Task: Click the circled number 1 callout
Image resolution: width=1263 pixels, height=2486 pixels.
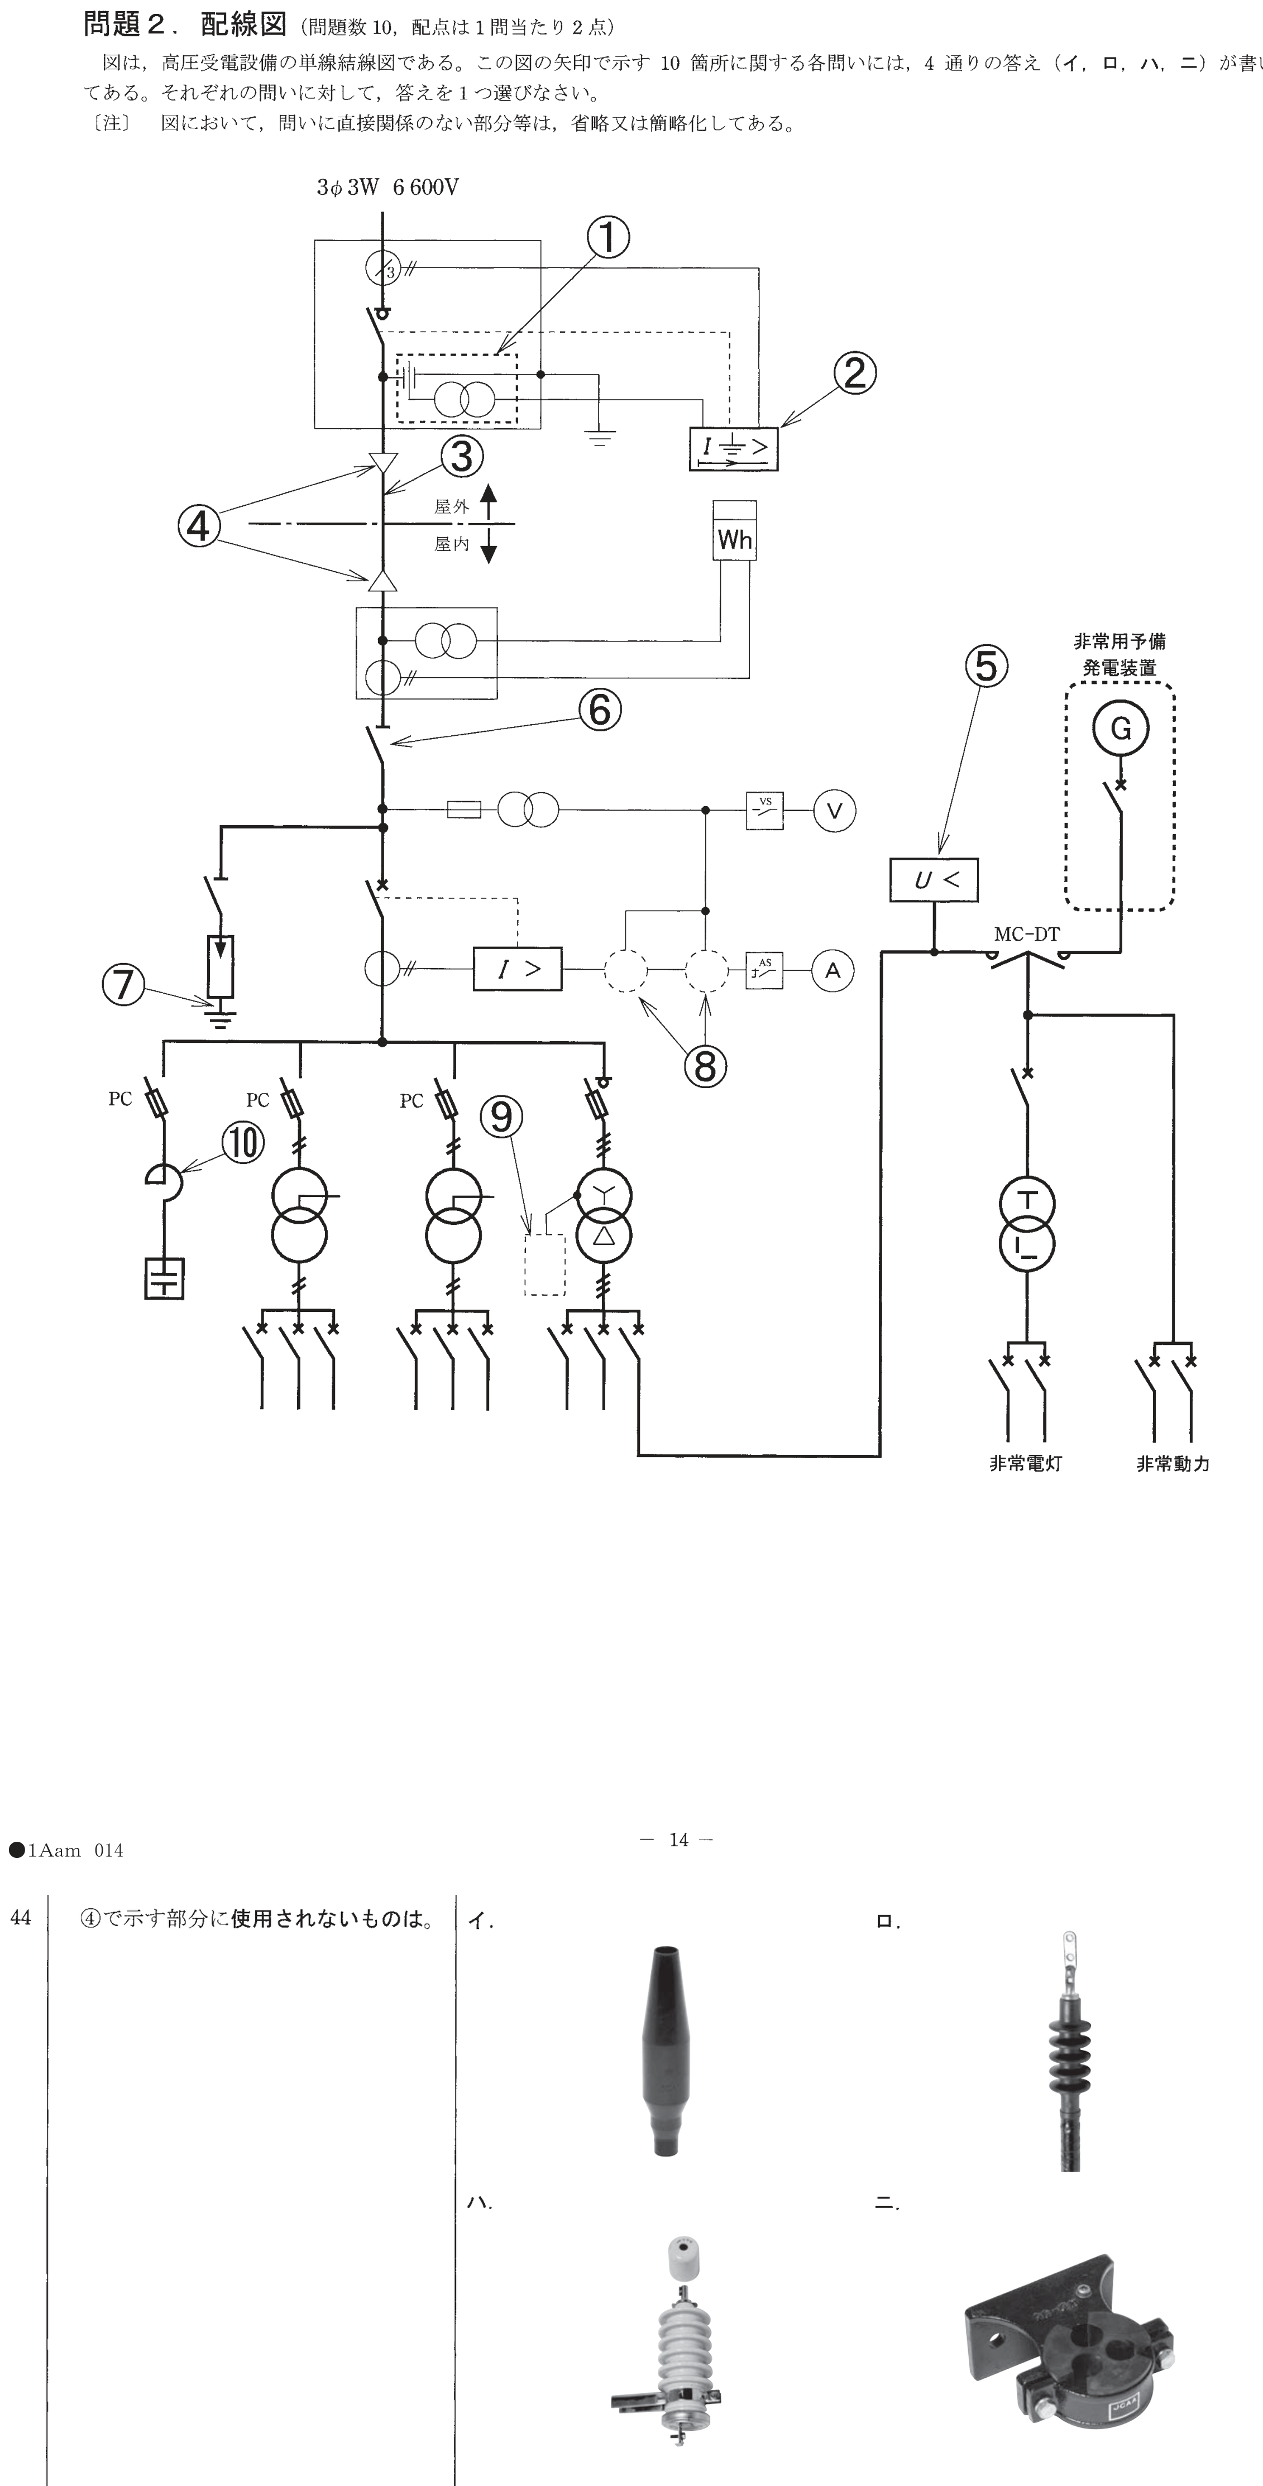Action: click(609, 237)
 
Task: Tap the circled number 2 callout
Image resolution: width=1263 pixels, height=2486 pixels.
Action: click(855, 373)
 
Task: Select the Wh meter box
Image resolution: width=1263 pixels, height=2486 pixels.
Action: click(734, 530)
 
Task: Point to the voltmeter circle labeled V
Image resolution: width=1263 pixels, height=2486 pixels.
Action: click(835, 809)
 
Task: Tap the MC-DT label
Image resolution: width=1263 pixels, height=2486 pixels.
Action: click(1027, 934)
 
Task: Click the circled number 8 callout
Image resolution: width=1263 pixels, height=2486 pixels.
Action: click(705, 1065)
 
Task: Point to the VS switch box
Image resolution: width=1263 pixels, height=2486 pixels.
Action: click(764, 809)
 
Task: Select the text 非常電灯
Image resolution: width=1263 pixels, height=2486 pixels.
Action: click(1026, 1463)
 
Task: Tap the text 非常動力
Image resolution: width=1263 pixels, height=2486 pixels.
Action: click(1173, 1463)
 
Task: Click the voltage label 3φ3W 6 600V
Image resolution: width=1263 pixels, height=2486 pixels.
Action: click(388, 187)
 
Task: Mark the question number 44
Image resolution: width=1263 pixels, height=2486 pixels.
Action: click(20, 1918)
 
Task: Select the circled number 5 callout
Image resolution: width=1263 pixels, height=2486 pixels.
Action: click(986, 666)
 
